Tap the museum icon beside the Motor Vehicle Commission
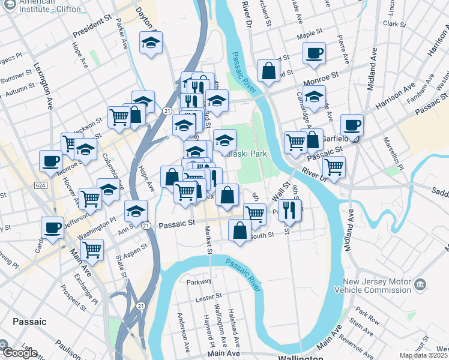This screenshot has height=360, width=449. (x=421, y=283)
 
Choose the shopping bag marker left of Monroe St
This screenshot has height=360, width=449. (x=268, y=71)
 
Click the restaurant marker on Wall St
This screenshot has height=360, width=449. (x=289, y=210)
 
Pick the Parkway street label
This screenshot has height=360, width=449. (x=199, y=281)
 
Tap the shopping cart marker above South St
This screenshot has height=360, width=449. (x=255, y=214)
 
